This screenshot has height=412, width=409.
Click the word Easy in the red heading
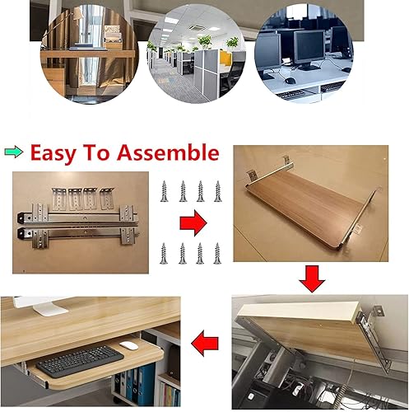pyautogui.click(x=53, y=152)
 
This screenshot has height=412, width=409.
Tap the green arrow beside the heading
pyautogui.click(x=14, y=152)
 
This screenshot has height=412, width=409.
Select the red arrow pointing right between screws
pyautogui.click(x=193, y=222)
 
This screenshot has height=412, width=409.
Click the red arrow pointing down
pyautogui.click(x=312, y=279)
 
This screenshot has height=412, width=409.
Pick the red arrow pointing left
pyautogui.click(x=205, y=344)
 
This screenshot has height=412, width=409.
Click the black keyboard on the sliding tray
pyautogui.click(x=80, y=361)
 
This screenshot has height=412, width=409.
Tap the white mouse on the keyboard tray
pyautogui.click(x=128, y=345)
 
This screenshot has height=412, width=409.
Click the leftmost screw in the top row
pyautogui.click(x=165, y=191)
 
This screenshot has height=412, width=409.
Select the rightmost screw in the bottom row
pyautogui.click(x=217, y=253)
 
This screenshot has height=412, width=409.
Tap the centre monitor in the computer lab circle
pyautogui.click(x=309, y=49)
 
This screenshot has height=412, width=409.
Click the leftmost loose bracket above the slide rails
pyautogui.click(x=58, y=199)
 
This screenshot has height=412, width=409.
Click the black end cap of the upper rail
pyautogui.click(x=21, y=218)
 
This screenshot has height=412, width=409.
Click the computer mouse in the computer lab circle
pyautogui.click(x=290, y=81)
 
